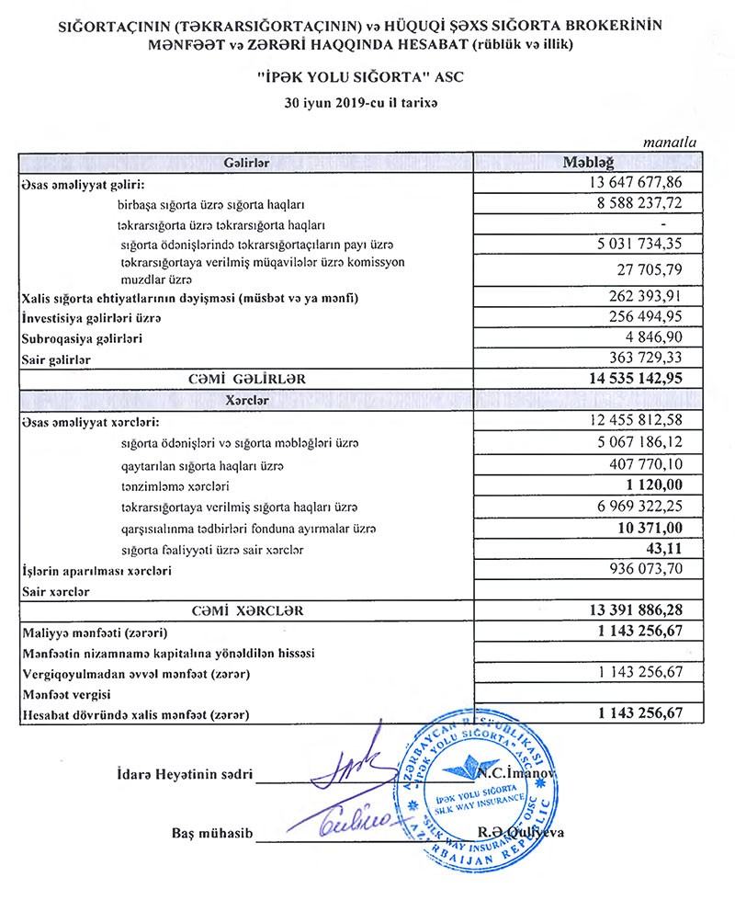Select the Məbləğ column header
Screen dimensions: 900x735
(x=591, y=162)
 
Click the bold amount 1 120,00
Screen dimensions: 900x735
(x=651, y=484)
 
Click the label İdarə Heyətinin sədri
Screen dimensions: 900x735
(x=185, y=773)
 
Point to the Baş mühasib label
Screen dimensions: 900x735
(x=211, y=833)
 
